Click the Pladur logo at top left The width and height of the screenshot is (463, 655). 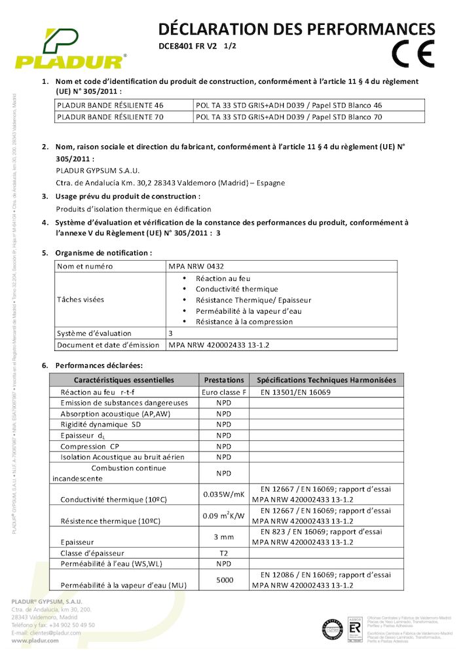click(69, 49)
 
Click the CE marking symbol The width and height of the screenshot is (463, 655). click(413, 54)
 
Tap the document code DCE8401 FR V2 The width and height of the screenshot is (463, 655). click(188, 47)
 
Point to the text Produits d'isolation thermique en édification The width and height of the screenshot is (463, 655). click(134, 209)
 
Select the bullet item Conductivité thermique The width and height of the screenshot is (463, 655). click(236, 289)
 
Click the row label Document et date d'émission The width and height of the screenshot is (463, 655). click(108, 345)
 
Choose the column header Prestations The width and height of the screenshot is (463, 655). click(224, 380)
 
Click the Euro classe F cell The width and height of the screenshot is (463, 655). click(224, 392)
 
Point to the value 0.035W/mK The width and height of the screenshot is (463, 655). click(224, 494)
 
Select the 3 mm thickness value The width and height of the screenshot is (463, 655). click(224, 536)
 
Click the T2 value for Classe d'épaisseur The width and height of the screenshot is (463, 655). click(224, 553)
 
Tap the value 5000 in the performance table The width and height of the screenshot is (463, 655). click(224, 579)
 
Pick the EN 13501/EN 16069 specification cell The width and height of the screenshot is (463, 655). click(295, 392)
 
